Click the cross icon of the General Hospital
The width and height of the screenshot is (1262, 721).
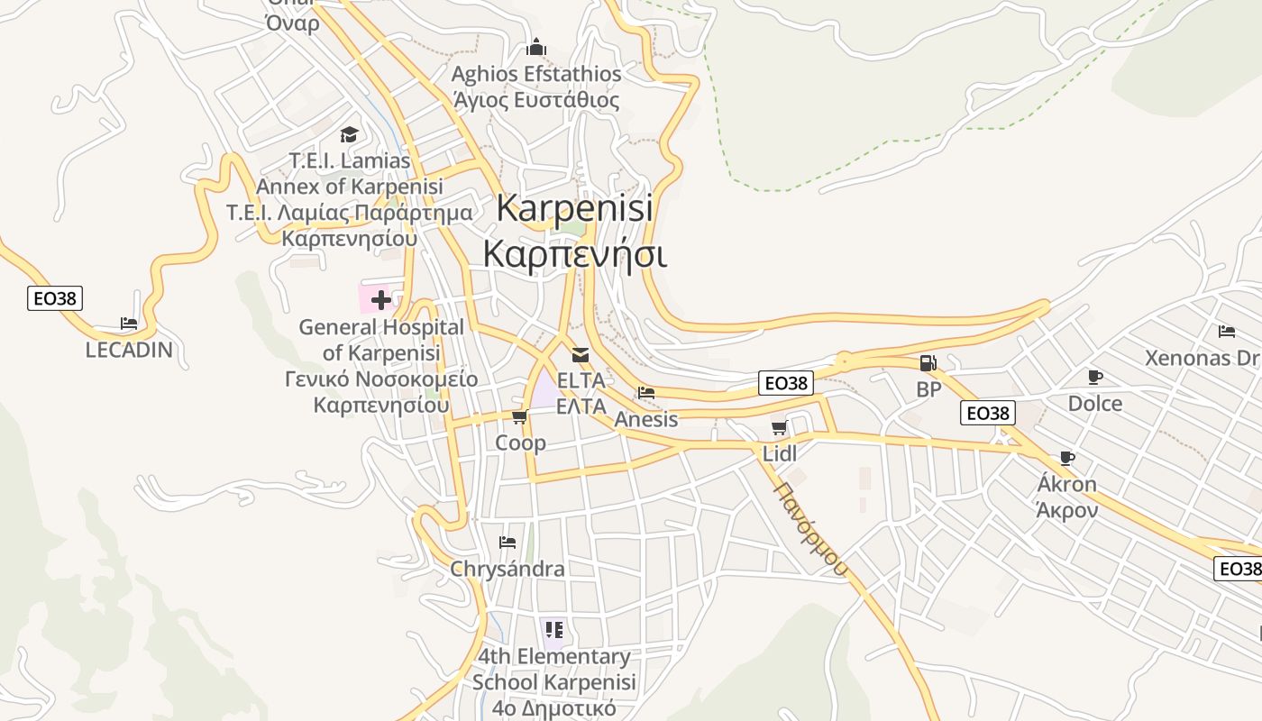[x=380, y=299]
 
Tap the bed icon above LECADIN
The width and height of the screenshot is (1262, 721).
[x=129, y=324]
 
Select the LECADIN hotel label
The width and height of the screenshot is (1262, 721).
[x=129, y=350]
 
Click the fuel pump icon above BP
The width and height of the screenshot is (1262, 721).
[x=928, y=363]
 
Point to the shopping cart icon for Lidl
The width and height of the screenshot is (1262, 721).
[x=780, y=427]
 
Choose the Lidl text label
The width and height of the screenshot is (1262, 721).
[x=780, y=453]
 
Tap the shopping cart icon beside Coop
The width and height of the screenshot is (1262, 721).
[x=519, y=416]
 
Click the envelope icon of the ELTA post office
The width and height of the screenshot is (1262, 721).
[x=581, y=354]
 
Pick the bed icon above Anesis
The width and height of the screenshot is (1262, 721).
[x=645, y=393]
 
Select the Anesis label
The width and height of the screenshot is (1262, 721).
[x=645, y=419]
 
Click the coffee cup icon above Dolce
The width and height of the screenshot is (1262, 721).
[x=1095, y=377]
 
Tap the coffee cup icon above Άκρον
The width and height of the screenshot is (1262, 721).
[x=1067, y=458]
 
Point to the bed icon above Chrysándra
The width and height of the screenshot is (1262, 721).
[x=508, y=543]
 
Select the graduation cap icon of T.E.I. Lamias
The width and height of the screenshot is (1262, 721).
[x=349, y=135]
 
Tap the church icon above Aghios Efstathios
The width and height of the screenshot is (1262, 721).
[x=537, y=47]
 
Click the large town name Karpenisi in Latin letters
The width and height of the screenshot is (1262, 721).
[x=575, y=209]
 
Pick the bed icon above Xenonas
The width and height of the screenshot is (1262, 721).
[x=1226, y=332]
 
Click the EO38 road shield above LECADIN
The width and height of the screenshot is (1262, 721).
[x=55, y=298]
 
